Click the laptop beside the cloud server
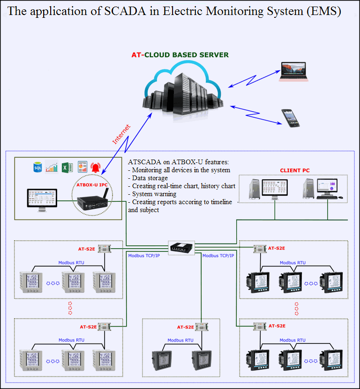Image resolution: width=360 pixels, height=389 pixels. (x=294, y=71)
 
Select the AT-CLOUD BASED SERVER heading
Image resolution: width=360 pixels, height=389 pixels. (x=180, y=55)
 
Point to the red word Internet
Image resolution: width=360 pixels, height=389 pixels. (x=121, y=134)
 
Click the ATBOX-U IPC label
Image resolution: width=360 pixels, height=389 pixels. (x=92, y=184)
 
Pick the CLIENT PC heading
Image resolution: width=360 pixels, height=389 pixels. (x=295, y=170)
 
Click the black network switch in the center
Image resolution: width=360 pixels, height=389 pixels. (x=181, y=247)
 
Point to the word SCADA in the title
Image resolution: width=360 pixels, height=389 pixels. (x=124, y=12)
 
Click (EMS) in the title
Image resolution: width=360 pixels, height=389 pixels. (x=323, y=12)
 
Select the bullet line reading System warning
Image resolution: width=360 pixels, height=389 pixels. (x=154, y=194)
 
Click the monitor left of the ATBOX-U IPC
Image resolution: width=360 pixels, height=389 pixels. (x=42, y=199)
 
